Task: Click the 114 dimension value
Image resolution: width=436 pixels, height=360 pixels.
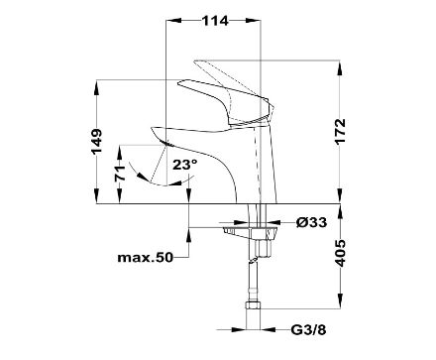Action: pos(215,21)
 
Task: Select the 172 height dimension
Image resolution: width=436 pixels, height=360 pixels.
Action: pos(340,131)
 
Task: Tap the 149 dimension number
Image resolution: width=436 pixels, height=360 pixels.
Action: pos(97,142)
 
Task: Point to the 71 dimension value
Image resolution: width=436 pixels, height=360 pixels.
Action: pos(120,173)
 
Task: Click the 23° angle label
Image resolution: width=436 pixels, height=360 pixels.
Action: pos(185,165)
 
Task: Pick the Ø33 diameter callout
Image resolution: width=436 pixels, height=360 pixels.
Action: pos(311,222)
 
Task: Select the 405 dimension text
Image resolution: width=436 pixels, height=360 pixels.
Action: pos(340,253)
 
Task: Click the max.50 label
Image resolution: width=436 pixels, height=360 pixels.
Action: pos(146,257)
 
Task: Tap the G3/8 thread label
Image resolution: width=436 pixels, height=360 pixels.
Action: pos(308,329)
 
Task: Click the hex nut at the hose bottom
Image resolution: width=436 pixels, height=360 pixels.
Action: pos(254,305)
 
